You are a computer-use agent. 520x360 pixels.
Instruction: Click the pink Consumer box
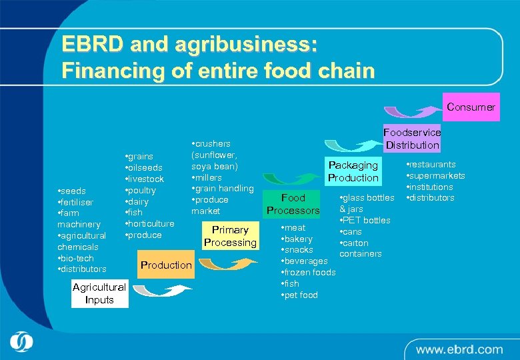[471, 107]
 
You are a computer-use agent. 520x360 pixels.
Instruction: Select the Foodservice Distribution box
[412, 139]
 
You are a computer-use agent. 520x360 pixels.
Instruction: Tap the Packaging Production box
[353, 171]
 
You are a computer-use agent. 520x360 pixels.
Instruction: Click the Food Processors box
[293, 204]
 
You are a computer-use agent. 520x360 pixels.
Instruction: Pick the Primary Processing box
[230, 236]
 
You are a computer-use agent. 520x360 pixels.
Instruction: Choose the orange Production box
[166, 265]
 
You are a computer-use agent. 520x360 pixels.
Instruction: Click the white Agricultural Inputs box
[99, 293]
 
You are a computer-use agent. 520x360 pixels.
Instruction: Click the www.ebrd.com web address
[459, 349]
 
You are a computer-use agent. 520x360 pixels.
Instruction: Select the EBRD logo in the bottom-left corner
[21, 342]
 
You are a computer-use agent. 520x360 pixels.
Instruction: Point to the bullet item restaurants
[431, 164]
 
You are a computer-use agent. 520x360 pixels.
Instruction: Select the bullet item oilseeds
[145, 168]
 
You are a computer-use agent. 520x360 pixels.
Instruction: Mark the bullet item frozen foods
[309, 272]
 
